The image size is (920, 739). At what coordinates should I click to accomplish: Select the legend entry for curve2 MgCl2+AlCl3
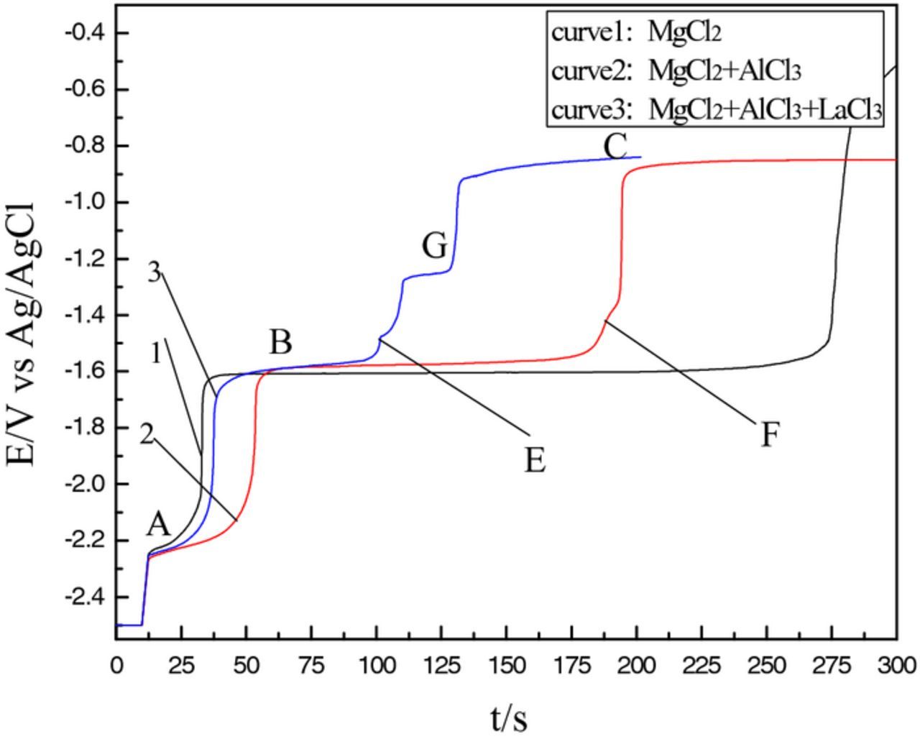coord(676,71)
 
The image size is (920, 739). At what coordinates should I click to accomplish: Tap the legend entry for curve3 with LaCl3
coord(716,110)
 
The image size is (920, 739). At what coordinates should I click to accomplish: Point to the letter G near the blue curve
coord(435,247)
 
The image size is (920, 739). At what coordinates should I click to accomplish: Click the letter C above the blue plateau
coord(616,147)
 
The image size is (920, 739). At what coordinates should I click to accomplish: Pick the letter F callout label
coord(770,435)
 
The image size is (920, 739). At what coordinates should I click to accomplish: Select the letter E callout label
coord(535,460)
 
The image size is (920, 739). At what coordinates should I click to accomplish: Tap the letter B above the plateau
coord(281,343)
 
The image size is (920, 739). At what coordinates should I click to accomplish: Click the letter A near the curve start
coord(159,525)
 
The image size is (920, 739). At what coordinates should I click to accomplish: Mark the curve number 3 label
coord(154,272)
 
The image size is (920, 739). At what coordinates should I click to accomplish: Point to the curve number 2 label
coord(147,434)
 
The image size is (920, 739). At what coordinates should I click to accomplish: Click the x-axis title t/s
coord(509,717)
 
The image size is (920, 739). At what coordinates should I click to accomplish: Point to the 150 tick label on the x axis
coord(507,665)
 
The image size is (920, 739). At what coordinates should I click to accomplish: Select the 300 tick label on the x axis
coord(896,665)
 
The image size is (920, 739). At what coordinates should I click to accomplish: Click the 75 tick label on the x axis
coord(311,665)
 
